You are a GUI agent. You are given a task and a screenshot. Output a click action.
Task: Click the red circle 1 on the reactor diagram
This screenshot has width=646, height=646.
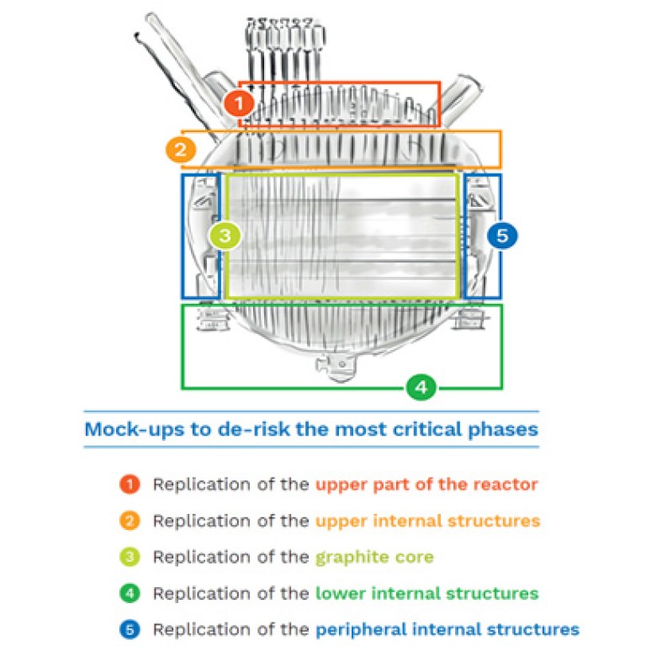pyautogui.click(x=239, y=103)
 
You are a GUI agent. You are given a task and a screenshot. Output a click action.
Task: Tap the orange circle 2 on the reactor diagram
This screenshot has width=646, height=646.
pyautogui.click(x=181, y=149)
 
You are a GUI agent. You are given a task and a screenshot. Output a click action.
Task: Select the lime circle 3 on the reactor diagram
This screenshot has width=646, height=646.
pyautogui.click(x=225, y=236)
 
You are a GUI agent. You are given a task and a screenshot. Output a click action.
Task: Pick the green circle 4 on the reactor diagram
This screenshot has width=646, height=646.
pyautogui.click(x=421, y=387)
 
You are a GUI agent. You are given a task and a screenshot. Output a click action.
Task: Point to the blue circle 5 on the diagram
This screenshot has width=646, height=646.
pyautogui.click(x=502, y=236)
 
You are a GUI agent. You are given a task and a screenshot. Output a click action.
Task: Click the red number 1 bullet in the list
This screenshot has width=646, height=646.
pyautogui.click(x=130, y=484)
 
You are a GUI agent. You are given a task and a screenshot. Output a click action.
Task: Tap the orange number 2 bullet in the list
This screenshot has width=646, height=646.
pyautogui.click(x=130, y=521)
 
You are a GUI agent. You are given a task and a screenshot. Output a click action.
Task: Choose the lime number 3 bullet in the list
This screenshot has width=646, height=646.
pyautogui.click(x=130, y=557)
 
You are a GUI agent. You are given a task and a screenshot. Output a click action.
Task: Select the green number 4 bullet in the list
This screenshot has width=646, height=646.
pyautogui.click(x=130, y=593)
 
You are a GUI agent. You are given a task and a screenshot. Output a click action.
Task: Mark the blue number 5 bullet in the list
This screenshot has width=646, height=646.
pyautogui.click(x=130, y=629)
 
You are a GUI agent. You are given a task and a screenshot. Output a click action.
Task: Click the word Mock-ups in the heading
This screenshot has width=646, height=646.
pyautogui.click(x=135, y=430)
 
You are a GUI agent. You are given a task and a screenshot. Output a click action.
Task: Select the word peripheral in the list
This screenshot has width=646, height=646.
pyautogui.click(x=361, y=630)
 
